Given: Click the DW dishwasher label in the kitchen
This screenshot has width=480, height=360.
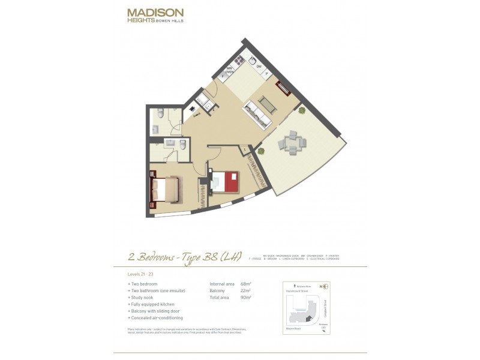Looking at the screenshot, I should pyautogui.click(x=259, y=67).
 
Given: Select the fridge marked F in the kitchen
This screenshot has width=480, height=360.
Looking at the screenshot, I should pyautogui.click(x=223, y=76).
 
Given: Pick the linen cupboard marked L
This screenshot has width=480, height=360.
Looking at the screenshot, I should pyautogui.click(x=246, y=148).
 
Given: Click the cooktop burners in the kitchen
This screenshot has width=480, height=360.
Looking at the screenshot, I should pyautogui.click(x=238, y=60).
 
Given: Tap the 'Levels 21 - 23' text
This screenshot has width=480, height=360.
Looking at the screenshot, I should pyautogui.click(x=140, y=273).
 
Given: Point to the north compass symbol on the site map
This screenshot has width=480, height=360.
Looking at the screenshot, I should pyautogui.click(x=325, y=286).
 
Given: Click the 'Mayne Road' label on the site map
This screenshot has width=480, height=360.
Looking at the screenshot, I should pyautogui.click(x=292, y=328).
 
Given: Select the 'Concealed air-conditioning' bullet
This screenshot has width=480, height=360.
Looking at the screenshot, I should pyautogui.click(x=156, y=317).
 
